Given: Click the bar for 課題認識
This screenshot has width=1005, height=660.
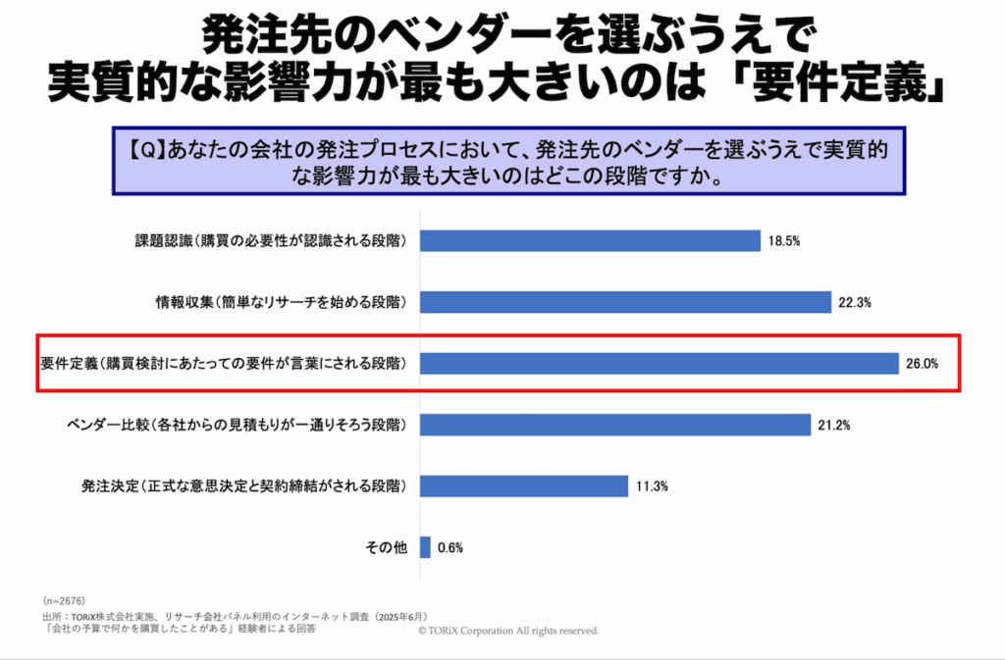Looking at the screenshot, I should (590, 241).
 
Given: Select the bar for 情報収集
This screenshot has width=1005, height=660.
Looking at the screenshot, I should (625, 302).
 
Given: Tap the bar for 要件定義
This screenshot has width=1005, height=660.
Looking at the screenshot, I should (660, 363).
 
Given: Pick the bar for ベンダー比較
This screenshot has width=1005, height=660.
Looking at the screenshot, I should (617, 425).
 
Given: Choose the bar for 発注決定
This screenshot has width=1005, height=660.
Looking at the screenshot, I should (524, 485).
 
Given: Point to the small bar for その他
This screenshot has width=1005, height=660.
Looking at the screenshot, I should (425, 547).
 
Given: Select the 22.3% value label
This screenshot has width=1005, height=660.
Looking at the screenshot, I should (856, 303).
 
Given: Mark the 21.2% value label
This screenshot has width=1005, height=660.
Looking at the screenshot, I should (833, 426).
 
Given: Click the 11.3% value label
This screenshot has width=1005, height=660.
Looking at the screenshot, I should (651, 486).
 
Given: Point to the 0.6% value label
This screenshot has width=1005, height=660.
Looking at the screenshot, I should (450, 548).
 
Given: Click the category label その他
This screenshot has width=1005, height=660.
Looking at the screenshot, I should (387, 547).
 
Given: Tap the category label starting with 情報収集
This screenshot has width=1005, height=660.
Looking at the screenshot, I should (267, 302).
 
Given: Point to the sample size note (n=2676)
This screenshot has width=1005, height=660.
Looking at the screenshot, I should (65, 599).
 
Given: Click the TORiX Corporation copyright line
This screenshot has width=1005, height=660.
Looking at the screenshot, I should (507, 632).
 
